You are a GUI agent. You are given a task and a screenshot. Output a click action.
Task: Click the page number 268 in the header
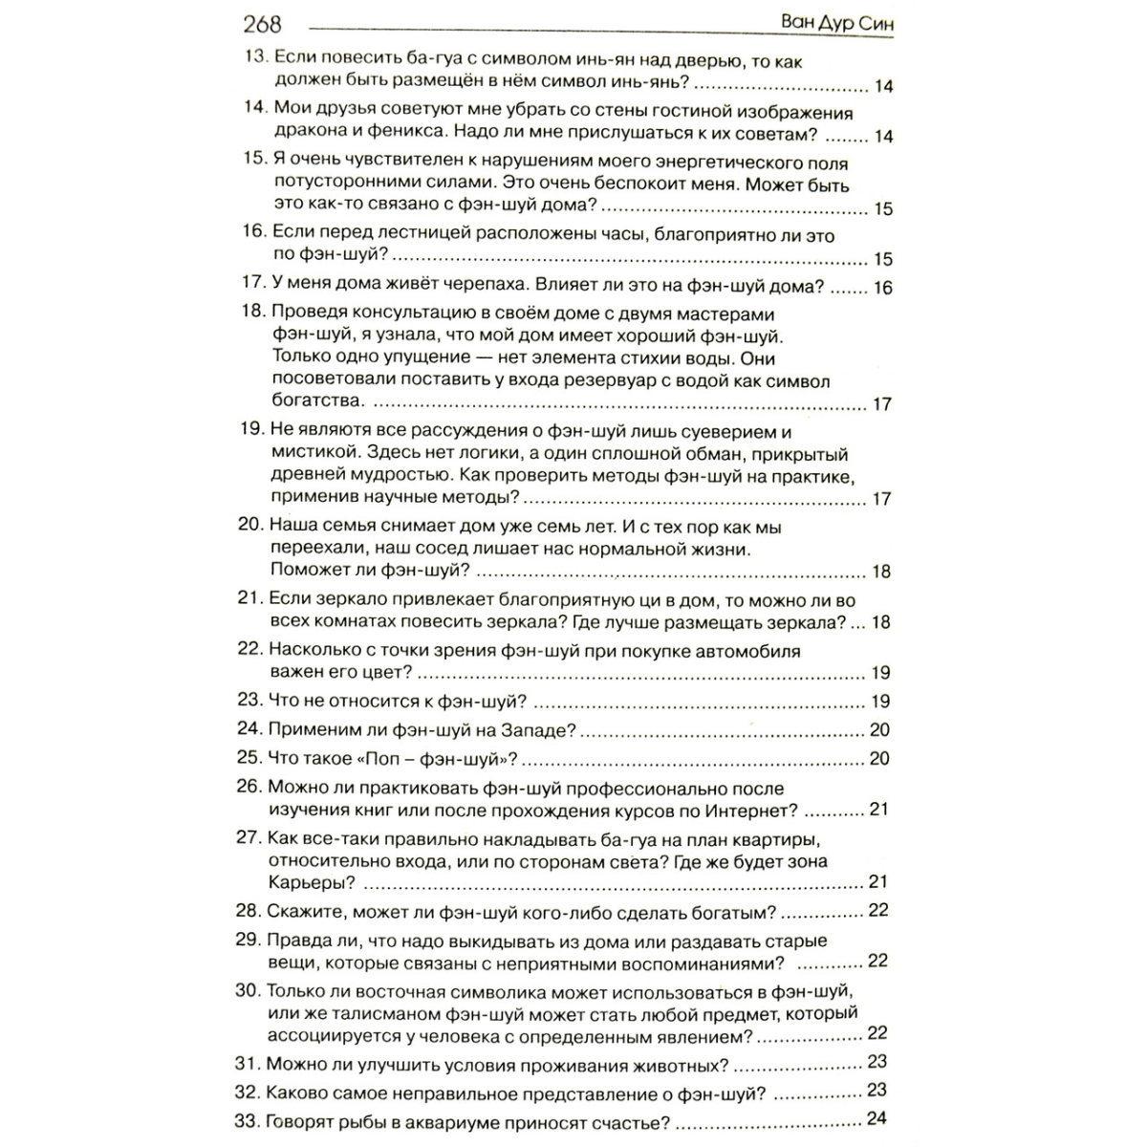click(263, 22)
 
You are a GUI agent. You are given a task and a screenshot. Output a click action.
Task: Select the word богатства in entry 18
click(316, 402)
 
